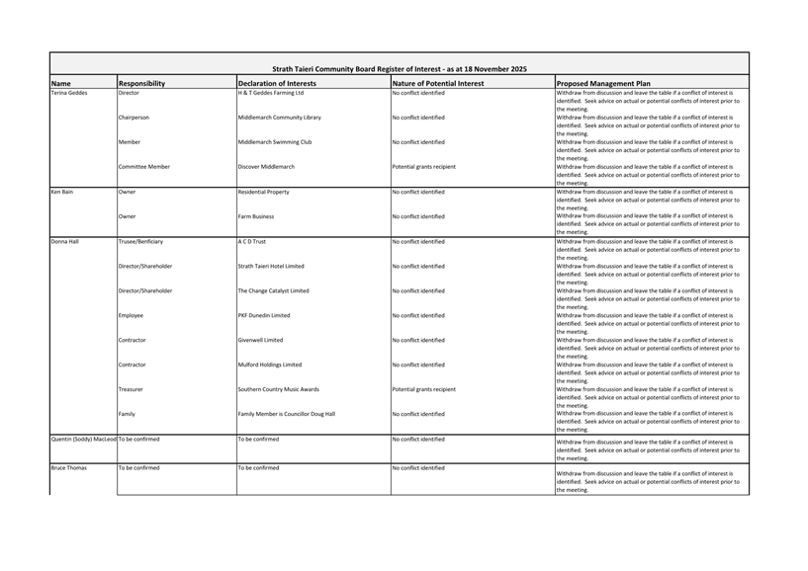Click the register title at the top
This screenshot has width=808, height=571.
pyautogui.click(x=399, y=69)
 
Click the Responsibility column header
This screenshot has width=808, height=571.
pyautogui.click(x=141, y=84)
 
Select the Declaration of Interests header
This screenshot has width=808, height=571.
pyautogui.click(x=277, y=84)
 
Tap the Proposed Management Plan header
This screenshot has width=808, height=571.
pyautogui.click(x=603, y=84)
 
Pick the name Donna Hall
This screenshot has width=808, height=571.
pyautogui.click(x=64, y=241)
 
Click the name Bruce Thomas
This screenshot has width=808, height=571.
pyautogui.click(x=68, y=467)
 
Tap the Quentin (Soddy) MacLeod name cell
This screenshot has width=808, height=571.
pyautogui.click(x=83, y=439)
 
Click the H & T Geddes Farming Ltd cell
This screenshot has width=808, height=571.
pyautogui.click(x=271, y=93)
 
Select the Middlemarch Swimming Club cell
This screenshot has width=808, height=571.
pyautogui.click(x=275, y=142)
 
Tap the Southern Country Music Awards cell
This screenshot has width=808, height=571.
pyautogui.click(x=279, y=389)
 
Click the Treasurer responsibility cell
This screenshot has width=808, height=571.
pyautogui.click(x=133, y=389)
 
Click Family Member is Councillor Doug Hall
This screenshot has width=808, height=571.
pyautogui.click(x=287, y=414)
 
